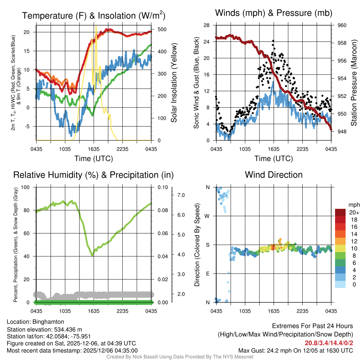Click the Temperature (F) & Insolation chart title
(94, 16)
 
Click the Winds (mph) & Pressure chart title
(274, 13)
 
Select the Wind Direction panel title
(274, 175)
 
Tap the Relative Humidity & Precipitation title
(94, 175)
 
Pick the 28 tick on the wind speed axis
(207, 25)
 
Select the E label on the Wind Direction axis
(208, 274)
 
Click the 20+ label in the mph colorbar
(354, 213)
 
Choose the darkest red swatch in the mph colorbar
(341, 212)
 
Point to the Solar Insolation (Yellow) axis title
(174, 83)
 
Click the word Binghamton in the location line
(48, 322)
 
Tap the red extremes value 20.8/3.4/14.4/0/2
(329, 343)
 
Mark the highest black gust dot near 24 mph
(273, 41)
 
